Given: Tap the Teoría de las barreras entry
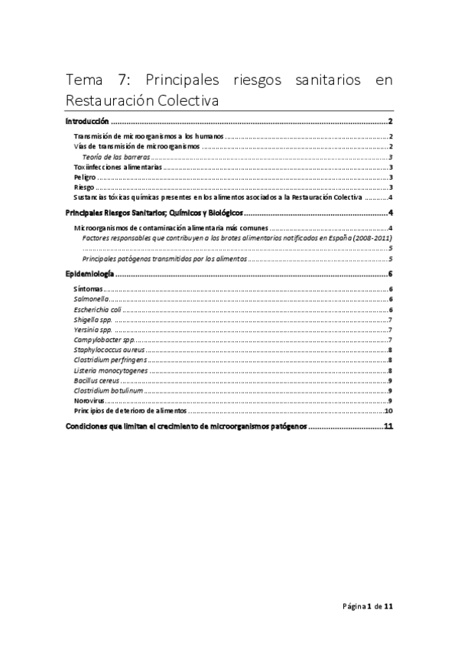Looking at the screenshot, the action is tap(115, 155).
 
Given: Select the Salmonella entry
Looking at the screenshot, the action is tap(93, 300).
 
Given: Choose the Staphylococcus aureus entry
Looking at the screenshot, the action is tap(109, 350).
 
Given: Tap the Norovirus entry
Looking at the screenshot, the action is tap(89, 400).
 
